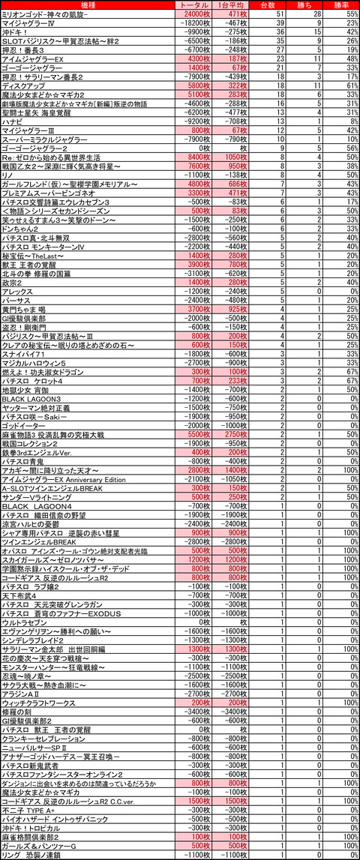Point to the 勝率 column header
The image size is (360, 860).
[x=344, y=5]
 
